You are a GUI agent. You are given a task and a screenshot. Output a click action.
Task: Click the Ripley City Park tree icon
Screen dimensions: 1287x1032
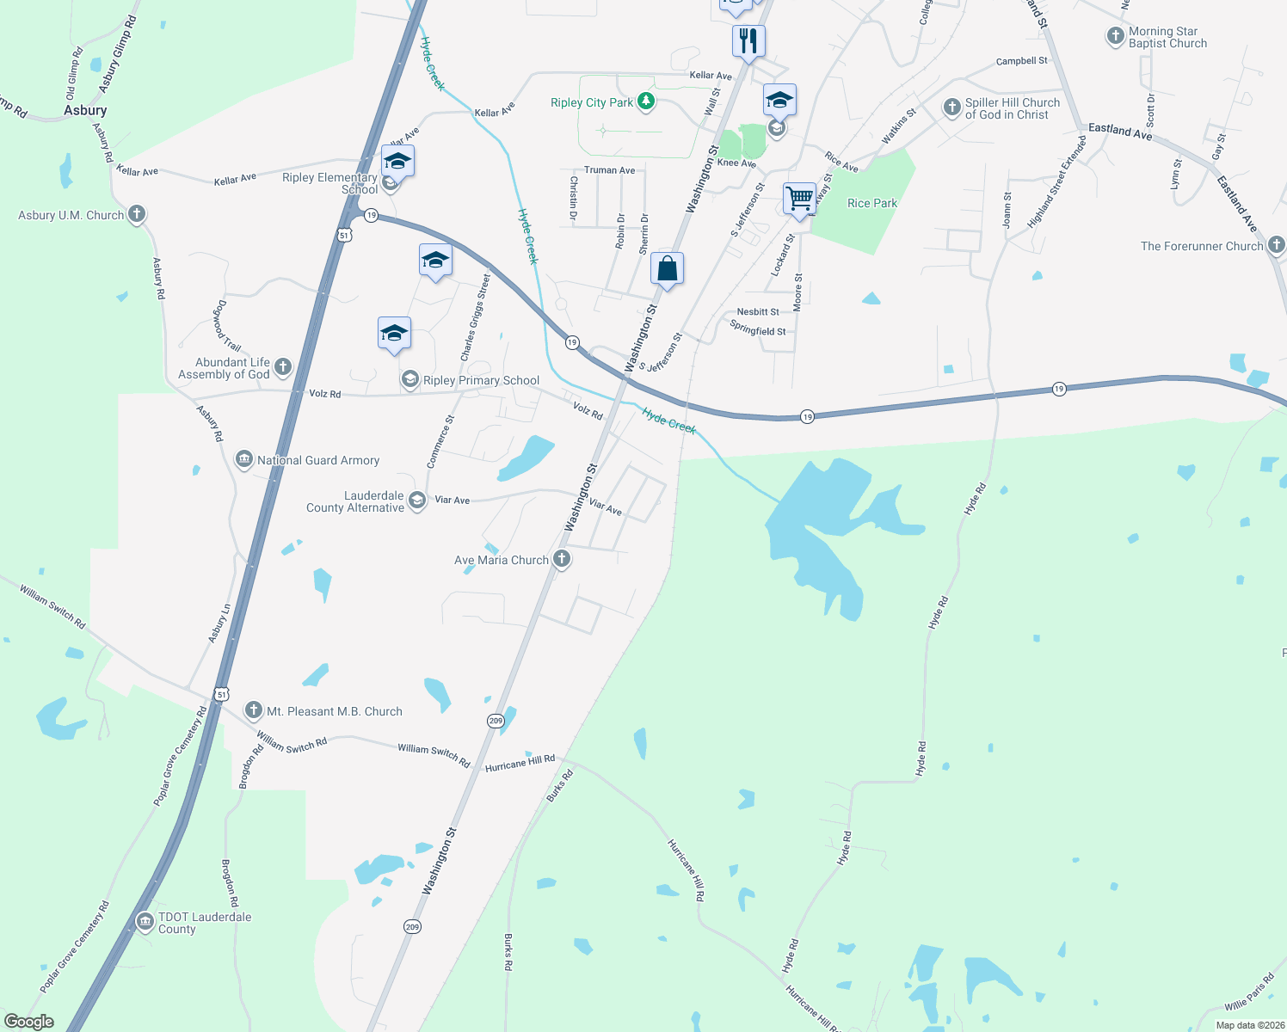click(646, 102)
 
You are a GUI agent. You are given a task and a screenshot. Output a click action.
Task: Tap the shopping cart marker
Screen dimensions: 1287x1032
click(799, 199)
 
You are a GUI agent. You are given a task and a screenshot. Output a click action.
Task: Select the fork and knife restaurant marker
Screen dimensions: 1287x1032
click(748, 40)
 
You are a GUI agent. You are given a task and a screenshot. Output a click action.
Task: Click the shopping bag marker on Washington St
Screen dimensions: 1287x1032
click(667, 269)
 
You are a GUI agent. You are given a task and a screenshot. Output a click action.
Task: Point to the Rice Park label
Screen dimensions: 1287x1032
click(871, 204)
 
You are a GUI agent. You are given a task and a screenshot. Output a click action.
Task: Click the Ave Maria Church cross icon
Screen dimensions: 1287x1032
click(561, 559)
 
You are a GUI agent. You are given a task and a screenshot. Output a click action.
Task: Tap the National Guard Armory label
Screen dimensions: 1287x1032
click(318, 461)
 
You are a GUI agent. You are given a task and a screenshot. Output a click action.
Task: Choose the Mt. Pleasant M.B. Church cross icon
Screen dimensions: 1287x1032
click(254, 710)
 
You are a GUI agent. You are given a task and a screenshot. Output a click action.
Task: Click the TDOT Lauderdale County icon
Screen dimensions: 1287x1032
click(145, 922)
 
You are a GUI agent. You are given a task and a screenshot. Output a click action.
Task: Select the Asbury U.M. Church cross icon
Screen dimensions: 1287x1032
click(137, 214)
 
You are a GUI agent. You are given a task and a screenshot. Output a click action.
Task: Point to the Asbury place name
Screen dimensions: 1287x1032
click(85, 110)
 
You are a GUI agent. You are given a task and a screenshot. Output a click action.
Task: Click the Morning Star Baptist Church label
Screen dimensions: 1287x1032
click(1167, 38)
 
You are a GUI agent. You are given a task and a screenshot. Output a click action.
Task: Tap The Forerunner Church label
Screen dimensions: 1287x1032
click(1202, 246)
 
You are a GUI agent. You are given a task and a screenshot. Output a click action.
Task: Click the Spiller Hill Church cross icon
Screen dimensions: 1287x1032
click(951, 107)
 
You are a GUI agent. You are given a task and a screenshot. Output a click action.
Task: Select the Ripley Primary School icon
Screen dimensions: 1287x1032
click(410, 379)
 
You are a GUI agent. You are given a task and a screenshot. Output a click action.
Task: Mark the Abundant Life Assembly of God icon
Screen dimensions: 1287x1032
click(282, 367)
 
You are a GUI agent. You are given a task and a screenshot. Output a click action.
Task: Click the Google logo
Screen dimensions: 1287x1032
click(28, 1022)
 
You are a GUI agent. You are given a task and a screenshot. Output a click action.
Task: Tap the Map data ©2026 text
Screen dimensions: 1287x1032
click(1249, 1025)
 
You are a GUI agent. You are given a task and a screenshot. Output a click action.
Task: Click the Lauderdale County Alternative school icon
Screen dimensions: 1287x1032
click(417, 501)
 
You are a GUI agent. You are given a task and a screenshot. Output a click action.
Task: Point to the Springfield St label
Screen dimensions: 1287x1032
click(757, 330)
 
